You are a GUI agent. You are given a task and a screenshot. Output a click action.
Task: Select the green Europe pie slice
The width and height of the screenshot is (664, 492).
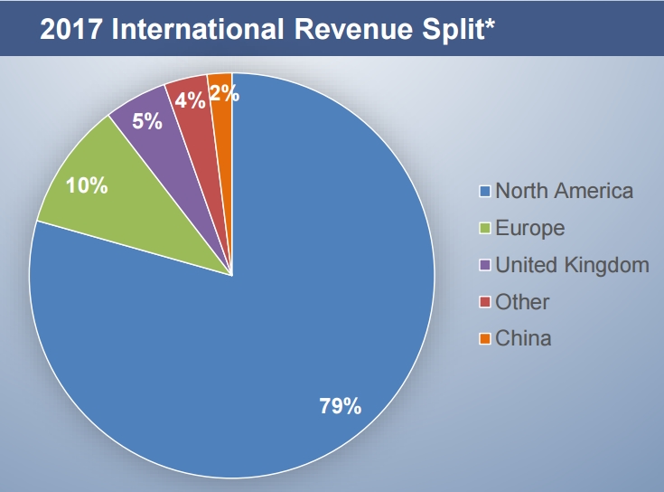(x=136, y=208)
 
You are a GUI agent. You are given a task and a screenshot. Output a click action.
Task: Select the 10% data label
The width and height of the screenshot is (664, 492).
(x=88, y=186)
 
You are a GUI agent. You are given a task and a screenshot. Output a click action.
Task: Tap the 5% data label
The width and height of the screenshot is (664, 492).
(x=147, y=120)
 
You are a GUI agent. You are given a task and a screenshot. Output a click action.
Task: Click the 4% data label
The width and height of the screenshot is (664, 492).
(x=190, y=99)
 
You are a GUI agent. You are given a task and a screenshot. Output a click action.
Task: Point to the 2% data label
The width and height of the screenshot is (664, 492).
(x=223, y=92)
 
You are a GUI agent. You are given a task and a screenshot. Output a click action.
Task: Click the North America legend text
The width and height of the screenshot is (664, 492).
(x=564, y=191)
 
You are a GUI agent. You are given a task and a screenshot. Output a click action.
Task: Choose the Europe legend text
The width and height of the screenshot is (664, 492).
(x=529, y=228)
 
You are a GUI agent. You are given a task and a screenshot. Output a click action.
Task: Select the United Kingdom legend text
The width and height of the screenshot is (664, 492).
(x=572, y=265)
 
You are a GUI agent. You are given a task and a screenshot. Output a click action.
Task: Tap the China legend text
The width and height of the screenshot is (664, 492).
(x=523, y=339)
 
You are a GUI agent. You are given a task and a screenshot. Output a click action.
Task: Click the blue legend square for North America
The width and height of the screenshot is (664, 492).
(x=485, y=192)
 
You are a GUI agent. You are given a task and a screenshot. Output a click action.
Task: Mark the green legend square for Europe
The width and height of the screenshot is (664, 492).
(x=485, y=229)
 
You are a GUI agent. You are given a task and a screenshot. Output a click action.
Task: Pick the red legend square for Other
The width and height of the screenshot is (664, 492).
(x=485, y=303)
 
